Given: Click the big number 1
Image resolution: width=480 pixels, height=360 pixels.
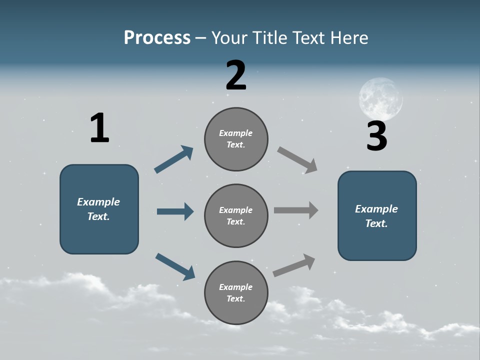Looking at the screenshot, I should pyautogui.click(x=99, y=128).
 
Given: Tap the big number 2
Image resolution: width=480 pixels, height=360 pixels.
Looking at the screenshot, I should pyautogui.click(x=236, y=75).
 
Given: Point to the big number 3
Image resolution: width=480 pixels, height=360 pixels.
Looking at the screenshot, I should pyautogui.click(x=376, y=136).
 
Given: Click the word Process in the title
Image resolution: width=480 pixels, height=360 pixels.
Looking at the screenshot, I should pyautogui.click(x=157, y=37).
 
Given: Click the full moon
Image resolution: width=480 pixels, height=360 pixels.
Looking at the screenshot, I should pyautogui.click(x=380, y=98).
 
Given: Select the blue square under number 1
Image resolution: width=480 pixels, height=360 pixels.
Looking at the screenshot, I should pyautogui.click(x=99, y=209).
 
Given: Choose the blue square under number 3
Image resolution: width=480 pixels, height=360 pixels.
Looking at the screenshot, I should pyautogui.click(x=377, y=215).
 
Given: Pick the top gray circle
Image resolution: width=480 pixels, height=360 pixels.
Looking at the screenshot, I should pyautogui.click(x=236, y=139).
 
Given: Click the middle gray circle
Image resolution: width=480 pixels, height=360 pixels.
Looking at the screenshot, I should pyautogui.click(x=236, y=215).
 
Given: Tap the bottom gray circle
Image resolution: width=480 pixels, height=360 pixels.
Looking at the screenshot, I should pyautogui.click(x=236, y=292).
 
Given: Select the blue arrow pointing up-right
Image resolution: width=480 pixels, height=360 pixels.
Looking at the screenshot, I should pyautogui.click(x=174, y=159).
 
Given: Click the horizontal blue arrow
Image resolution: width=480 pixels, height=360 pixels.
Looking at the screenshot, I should pyautogui.click(x=175, y=211).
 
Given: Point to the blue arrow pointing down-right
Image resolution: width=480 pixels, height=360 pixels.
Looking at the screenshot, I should pyautogui.click(x=175, y=266).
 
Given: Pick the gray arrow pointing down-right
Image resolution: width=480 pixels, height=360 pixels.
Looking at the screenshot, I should pyautogui.click(x=297, y=160).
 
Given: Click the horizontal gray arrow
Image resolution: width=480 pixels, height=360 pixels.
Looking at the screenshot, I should pyautogui.click(x=296, y=210).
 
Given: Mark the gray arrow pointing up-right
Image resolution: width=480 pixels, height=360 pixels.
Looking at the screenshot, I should pyautogui.click(x=294, y=265).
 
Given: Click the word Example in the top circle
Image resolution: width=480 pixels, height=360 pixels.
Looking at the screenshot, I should pyautogui.click(x=236, y=133).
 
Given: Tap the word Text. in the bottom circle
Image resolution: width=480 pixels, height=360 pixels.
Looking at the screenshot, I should pyautogui.click(x=236, y=298).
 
